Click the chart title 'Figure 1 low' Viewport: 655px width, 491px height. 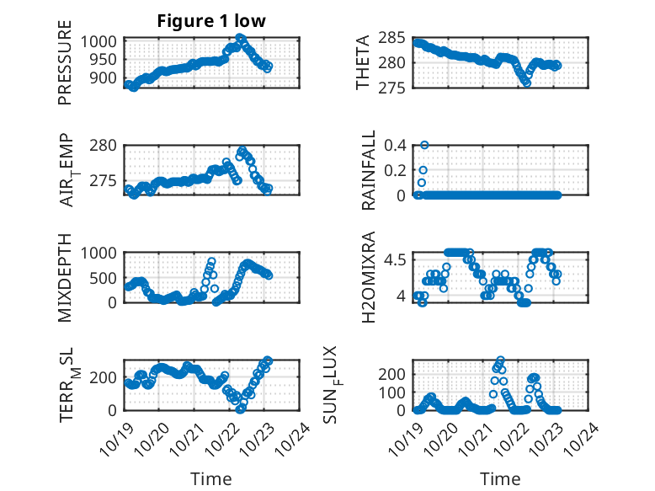[x=211, y=22]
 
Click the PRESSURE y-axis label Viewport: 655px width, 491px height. [x=65, y=69]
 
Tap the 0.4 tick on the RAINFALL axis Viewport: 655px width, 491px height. [x=398, y=145]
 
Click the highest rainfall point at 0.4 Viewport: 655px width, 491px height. [x=424, y=145]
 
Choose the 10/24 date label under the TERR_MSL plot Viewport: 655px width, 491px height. [x=300, y=436]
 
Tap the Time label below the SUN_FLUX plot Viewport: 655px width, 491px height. [x=500, y=478]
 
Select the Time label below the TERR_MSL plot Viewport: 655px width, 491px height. [x=211, y=478]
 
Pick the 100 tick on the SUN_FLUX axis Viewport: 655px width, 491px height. [x=398, y=392]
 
